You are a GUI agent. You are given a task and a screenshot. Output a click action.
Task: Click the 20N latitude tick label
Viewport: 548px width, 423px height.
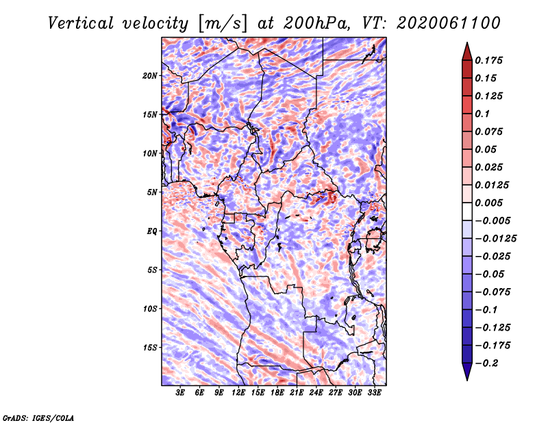point(150,76)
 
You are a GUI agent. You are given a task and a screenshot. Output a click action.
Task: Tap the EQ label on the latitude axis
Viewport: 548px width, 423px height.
point(151,231)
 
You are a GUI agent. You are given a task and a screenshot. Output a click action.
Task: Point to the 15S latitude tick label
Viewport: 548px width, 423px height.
point(150,348)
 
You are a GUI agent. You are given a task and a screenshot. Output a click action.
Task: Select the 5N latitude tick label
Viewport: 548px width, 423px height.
point(152,192)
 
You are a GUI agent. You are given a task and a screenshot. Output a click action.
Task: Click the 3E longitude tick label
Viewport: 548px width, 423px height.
point(180,392)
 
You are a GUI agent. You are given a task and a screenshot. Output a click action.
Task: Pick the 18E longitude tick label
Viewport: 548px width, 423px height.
point(277,392)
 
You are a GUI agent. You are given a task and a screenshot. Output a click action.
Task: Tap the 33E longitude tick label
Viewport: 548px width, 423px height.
point(374,392)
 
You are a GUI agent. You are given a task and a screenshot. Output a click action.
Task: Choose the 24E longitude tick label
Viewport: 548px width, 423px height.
point(316,392)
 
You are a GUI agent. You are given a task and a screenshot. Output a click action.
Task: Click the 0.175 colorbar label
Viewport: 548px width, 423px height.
point(489,60)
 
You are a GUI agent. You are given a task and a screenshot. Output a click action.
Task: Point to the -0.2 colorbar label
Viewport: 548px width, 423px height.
point(486,363)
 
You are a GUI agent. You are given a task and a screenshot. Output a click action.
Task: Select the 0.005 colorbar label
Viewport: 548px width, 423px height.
point(489,203)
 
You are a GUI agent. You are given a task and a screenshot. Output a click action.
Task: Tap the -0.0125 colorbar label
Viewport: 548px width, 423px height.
point(495,239)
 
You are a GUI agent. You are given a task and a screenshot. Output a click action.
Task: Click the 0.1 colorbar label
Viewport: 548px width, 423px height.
point(482,114)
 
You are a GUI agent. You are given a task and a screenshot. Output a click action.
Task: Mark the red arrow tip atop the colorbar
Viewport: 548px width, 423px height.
point(467,43)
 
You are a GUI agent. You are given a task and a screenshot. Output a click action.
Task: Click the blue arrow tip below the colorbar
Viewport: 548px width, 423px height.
point(467,380)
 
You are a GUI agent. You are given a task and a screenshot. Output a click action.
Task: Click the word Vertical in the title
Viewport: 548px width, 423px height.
point(81,23)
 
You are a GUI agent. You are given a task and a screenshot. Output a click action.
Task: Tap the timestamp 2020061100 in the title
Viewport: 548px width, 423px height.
point(449,23)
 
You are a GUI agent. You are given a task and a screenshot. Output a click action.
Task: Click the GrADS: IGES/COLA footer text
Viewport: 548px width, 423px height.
point(38,418)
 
